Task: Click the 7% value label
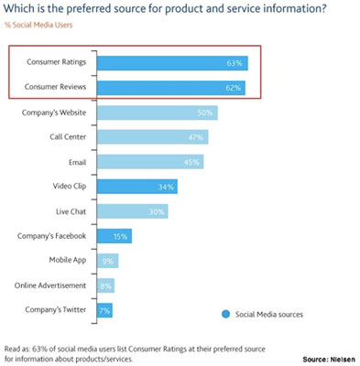pos(105,310)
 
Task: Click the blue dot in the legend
pos(225,313)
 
